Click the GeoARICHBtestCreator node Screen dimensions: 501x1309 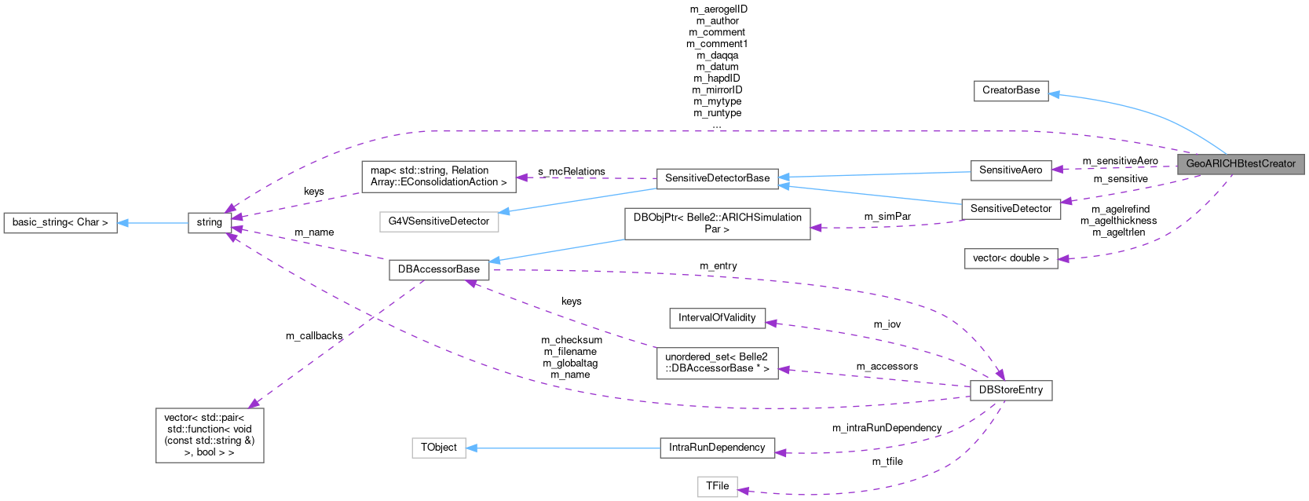tap(1241, 164)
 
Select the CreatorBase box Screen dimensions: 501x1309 tap(1011, 90)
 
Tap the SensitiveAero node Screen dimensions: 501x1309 tap(1010, 170)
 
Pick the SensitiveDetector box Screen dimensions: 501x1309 tap(1011, 209)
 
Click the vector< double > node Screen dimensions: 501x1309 tap(1010, 258)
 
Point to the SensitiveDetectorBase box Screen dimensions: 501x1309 tap(717, 178)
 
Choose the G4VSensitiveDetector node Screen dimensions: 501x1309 tap(438, 221)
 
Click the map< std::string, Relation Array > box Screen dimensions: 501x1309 tap(438, 176)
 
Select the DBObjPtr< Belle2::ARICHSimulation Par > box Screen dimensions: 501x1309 tap(717, 223)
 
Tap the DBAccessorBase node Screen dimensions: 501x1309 tap(438, 269)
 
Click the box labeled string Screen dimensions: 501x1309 tap(209, 223)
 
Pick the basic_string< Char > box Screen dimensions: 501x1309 tap(60, 223)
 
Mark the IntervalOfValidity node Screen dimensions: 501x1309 tap(717, 318)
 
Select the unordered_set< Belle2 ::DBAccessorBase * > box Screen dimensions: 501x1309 tap(717, 363)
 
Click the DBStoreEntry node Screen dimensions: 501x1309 tap(1010, 390)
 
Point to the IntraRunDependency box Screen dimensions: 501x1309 tap(717, 448)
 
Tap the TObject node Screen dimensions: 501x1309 tap(438, 448)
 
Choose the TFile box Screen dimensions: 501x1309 tap(717, 486)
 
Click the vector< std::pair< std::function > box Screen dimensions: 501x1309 tap(209, 435)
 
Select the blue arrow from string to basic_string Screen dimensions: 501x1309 tap(153, 223)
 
